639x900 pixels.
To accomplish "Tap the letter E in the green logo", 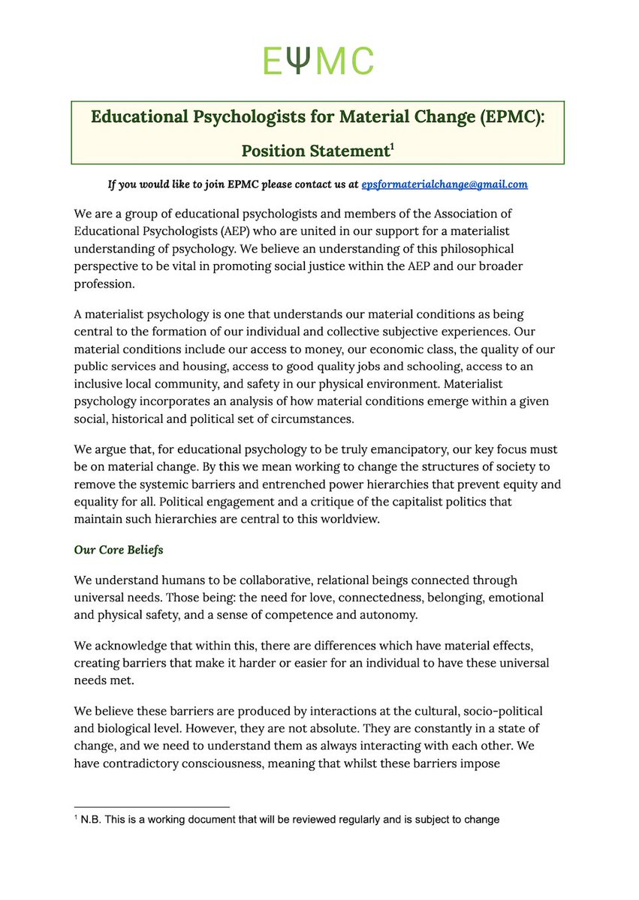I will point(273,61).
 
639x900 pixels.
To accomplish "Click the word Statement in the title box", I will point(347,150).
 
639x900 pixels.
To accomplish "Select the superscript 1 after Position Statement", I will point(390,145).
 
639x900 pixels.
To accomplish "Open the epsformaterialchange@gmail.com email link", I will point(445,184).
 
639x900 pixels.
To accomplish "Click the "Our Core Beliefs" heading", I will point(119,550).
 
